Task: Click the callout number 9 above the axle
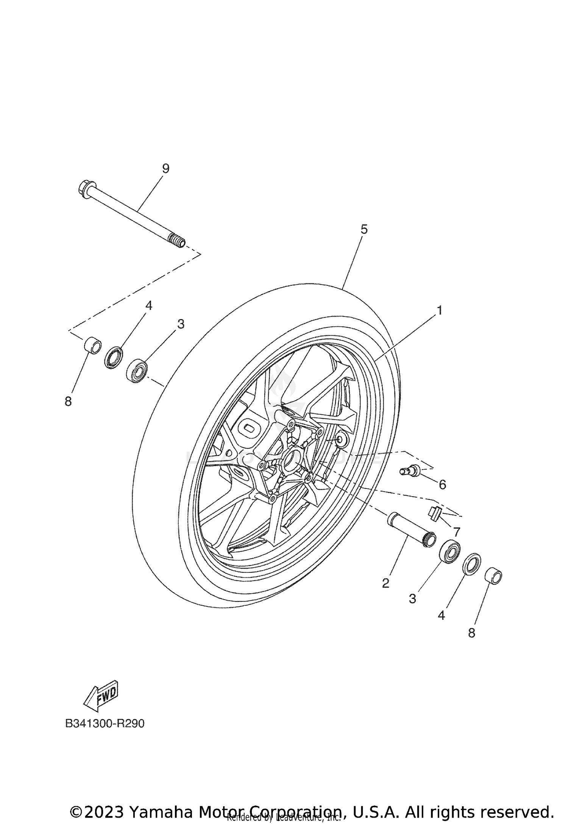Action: click(x=165, y=168)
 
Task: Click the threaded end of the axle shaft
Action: click(x=177, y=240)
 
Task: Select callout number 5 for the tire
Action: click(x=364, y=229)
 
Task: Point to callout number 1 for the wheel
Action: click(x=439, y=310)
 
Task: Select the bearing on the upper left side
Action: click(x=137, y=370)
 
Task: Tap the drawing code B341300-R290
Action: click(x=105, y=734)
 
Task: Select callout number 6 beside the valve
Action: click(x=442, y=484)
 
